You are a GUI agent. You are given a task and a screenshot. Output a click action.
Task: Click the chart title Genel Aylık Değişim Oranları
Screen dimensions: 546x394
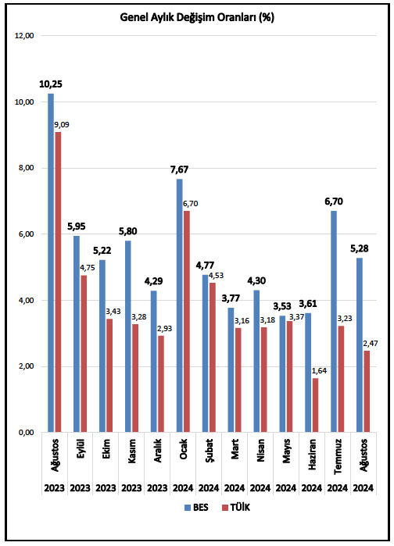(196, 16)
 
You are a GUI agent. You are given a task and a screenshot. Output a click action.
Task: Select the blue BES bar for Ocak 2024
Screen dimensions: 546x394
(179, 305)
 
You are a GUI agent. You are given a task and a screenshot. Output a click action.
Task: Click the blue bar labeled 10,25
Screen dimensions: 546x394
(51, 262)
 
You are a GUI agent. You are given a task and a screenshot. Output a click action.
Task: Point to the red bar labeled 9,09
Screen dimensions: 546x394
(58, 282)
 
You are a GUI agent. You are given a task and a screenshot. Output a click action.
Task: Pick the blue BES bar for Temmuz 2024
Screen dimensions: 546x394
(333, 321)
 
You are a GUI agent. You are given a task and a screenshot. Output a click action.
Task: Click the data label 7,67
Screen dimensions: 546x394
(179, 170)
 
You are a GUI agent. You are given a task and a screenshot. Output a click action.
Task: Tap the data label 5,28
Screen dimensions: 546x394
(359, 248)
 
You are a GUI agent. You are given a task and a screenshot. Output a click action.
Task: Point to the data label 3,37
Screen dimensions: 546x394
(295, 316)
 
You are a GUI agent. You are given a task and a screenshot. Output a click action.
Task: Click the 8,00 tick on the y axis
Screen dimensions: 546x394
(25, 168)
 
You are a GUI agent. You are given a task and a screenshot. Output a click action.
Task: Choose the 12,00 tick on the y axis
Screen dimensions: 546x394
(25, 36)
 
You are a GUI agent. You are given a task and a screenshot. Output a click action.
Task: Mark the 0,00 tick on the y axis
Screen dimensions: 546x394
(25, 432)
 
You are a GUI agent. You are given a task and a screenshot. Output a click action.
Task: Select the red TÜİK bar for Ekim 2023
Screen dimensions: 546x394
(109, 375)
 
